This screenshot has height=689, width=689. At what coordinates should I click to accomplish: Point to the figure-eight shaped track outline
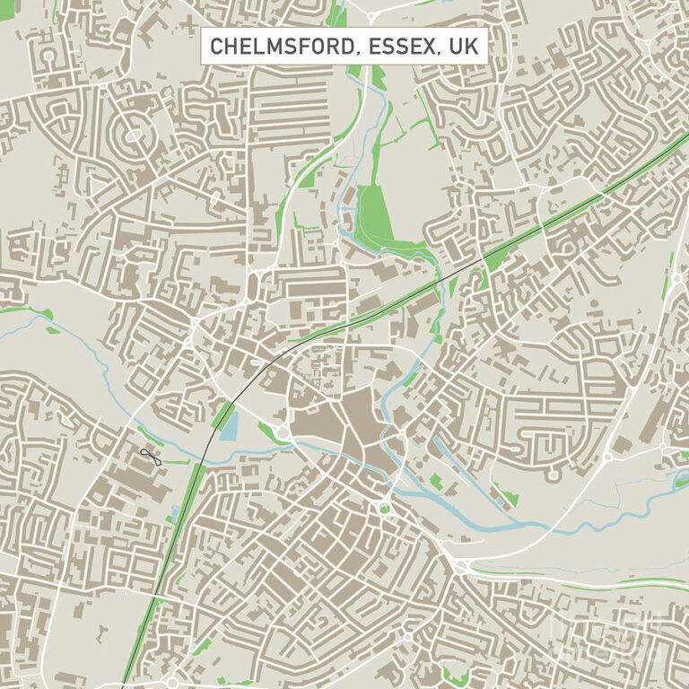tap(149, 457)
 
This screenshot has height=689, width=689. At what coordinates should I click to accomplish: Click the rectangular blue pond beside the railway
tap(229, 423)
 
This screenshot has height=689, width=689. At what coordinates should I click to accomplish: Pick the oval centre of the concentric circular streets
tap(134, 135)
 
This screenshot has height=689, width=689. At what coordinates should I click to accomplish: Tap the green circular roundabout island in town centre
tap(386, 509)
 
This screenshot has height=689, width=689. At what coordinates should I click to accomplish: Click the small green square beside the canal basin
tap(436, 482)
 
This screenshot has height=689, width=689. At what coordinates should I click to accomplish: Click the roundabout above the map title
tap(371, 15)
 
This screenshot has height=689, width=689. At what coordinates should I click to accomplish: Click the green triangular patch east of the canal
tap(508, 493)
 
